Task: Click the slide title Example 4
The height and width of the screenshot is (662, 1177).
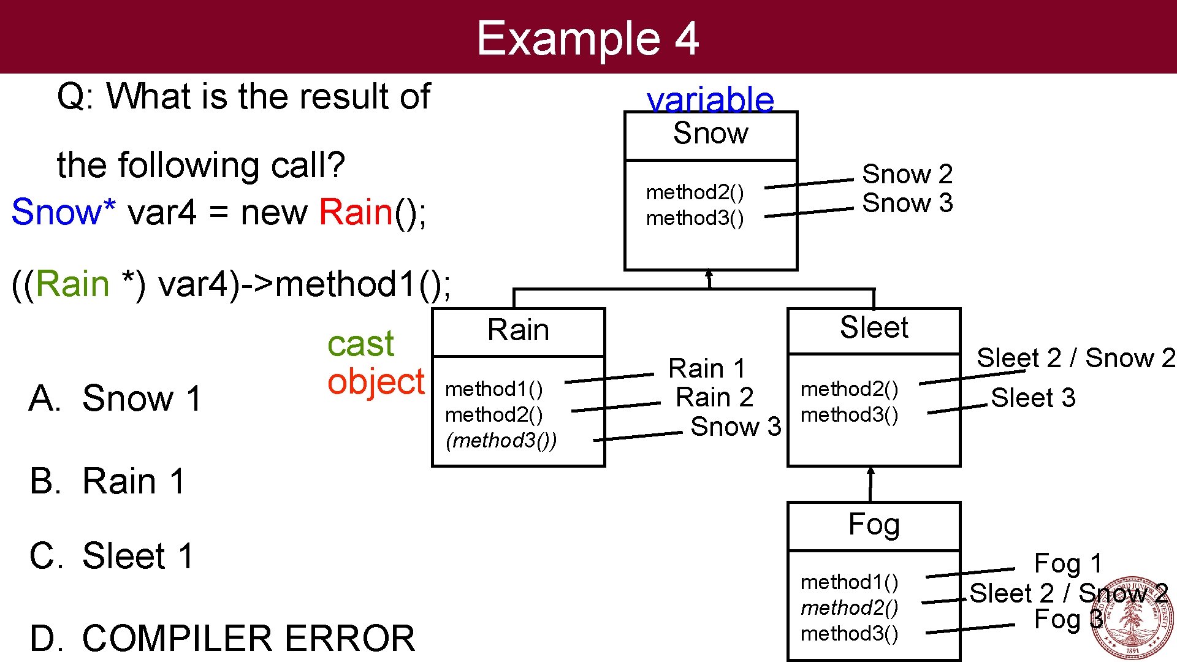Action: [587, 38]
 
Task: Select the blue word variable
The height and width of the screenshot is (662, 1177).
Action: [710, 99]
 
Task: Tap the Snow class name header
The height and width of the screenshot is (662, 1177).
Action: [710, 134]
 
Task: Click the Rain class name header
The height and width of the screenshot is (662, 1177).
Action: [518, 330]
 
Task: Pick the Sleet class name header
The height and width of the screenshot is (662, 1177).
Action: [874, 328]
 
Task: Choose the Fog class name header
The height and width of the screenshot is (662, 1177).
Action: [874, 525]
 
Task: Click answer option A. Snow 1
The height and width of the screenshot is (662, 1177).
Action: [115, 398]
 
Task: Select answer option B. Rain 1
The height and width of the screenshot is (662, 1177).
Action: [107, 481]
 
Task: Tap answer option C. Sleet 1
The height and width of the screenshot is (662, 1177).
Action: [112, 557]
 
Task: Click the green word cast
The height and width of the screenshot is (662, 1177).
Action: [360, 344]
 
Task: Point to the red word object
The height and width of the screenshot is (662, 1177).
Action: [375, 382]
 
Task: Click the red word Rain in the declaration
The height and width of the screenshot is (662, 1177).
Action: [356, 213]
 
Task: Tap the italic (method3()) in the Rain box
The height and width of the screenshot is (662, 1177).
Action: [501, 441]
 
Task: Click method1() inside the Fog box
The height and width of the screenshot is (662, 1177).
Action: [849, 582]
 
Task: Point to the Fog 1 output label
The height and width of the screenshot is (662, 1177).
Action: [1067, 563]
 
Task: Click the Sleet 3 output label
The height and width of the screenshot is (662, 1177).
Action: [1033, 398]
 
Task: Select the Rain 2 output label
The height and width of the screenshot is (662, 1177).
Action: [714, 398]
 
